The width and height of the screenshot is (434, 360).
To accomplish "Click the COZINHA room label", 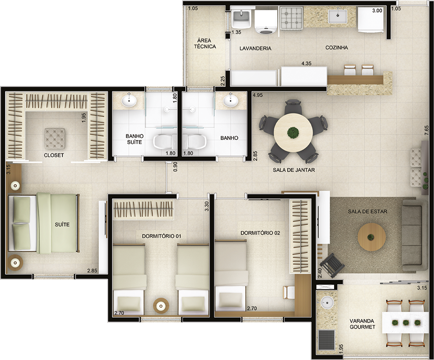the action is click(x=337, y=47).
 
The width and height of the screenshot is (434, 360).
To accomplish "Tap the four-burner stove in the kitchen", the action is click(x=292, y=18).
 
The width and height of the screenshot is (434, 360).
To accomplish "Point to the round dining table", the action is click(x=293, y=132).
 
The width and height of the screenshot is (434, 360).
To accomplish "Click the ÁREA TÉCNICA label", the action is click(x=205, y=43).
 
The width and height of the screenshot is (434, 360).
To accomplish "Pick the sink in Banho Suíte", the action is click(x=129, y=100).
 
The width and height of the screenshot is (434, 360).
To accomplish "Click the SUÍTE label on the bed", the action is click(x=62, y=224).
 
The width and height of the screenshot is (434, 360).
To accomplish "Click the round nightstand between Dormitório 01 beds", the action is click(x=161, y=305).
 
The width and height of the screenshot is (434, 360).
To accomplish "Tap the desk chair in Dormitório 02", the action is click(x=289, y=292).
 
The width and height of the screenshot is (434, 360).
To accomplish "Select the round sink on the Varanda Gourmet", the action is click(x=328, y=302).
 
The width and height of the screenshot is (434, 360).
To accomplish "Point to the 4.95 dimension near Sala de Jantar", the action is click(x=257, y=95).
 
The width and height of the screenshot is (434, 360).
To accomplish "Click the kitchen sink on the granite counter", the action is click(x=338, y=15).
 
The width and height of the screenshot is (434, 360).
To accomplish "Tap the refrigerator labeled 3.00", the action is click(x=371, y=19).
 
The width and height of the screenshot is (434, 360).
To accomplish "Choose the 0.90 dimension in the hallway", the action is click(x=175, y=167).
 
